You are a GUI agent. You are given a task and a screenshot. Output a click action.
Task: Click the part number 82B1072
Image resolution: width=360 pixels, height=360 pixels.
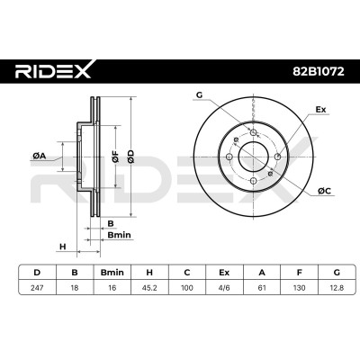(x=318, y=71)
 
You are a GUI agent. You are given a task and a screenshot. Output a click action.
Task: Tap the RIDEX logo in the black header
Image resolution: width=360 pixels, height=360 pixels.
(x=54, y=69)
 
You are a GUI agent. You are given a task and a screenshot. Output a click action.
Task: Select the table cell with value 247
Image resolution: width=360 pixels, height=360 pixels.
(x=37, y=288)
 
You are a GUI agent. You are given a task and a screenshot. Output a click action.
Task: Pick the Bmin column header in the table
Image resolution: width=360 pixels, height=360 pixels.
(x=112, y=273)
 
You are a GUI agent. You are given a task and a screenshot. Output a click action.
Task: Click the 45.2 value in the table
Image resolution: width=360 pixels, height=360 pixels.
(x=149, y=288)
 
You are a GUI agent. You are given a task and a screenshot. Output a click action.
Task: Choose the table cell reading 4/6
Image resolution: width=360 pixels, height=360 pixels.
(x=224, y=288)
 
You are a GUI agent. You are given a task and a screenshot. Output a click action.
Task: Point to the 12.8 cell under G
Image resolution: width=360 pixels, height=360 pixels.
(x=337, y=288)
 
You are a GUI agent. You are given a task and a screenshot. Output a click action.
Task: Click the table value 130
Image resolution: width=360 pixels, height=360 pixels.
(x=299, y=288)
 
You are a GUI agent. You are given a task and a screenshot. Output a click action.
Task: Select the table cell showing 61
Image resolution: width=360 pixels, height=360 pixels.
(x=262, y=288)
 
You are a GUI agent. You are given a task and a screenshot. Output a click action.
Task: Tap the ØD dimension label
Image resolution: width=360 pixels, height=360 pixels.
(x=130, y=157)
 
